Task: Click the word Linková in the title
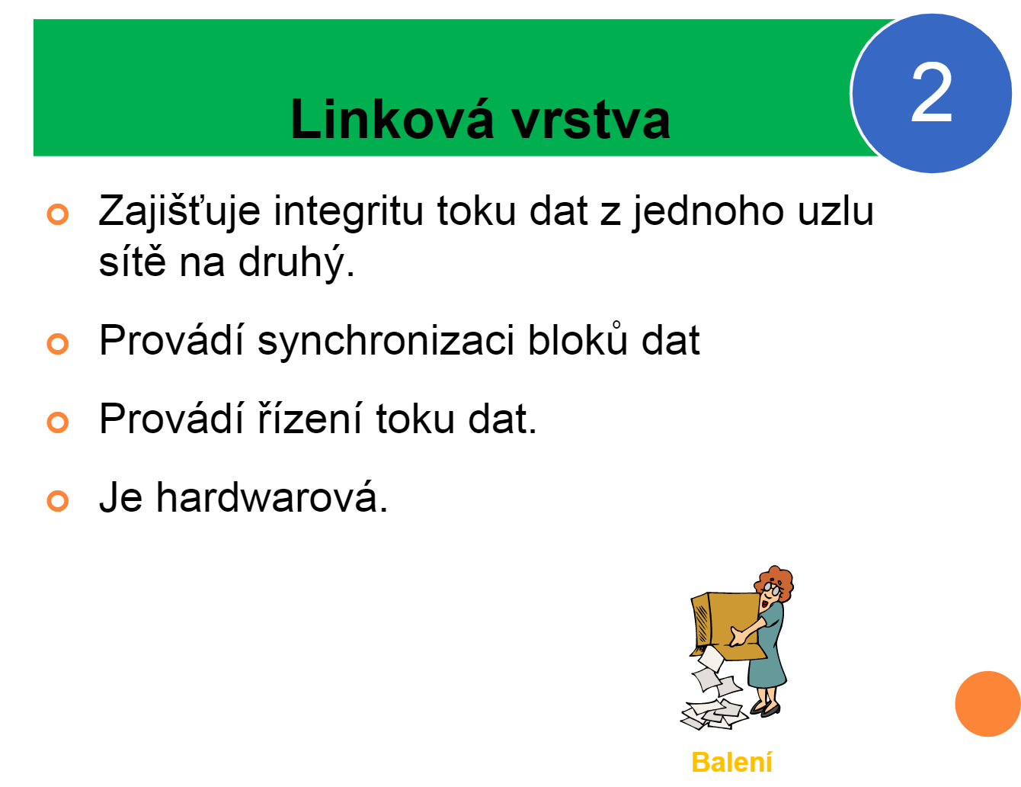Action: point(393,118)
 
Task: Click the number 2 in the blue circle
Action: point(931,92)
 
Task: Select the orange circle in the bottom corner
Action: point(987,704)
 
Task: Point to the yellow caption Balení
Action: point(732,762)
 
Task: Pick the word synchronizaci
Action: point(386,342)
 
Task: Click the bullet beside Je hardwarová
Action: point(58,501)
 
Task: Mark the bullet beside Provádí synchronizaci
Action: point(58,344)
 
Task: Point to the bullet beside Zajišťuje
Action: point(58,214)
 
